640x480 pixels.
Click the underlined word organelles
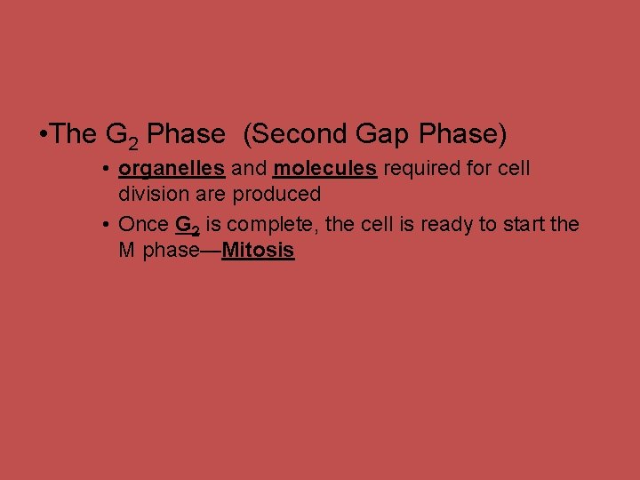(171, 169)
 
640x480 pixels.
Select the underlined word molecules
(325, 169)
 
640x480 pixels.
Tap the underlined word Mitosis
(258, 251)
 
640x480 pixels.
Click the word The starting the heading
(74, 134)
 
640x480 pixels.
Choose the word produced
(276, 194)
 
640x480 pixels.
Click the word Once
(143, 225)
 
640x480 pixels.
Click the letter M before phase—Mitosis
(127, 251)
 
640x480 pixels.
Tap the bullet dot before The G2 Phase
(44, 135)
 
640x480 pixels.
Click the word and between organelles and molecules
(249, 169)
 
